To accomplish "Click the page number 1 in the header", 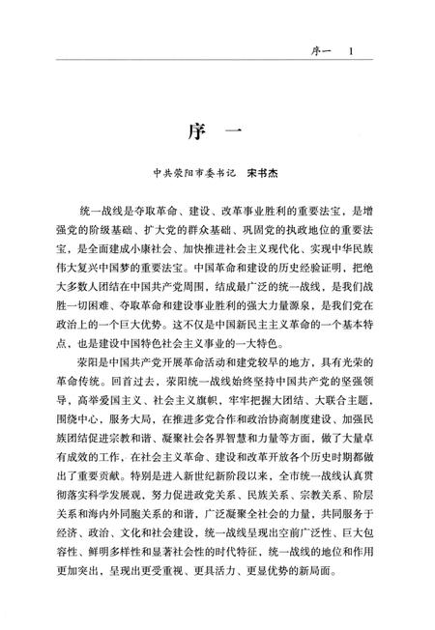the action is (x=353, y=51).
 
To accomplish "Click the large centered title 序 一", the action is (x=217, y=133).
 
